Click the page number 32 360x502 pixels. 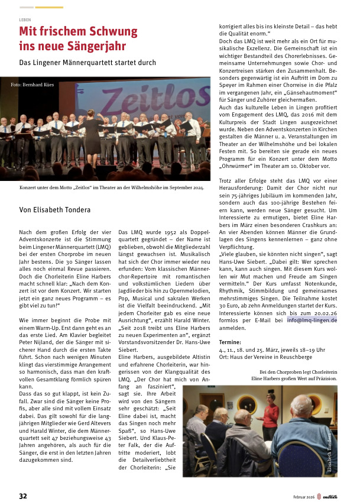pos(23,495)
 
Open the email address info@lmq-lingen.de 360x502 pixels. pos(312,320)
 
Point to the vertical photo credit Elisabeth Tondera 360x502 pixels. pos(329,454)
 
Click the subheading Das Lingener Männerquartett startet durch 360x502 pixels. pos(87,62)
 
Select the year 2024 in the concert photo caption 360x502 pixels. pos(197,187)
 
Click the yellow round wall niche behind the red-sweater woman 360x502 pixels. pos(245,403)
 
